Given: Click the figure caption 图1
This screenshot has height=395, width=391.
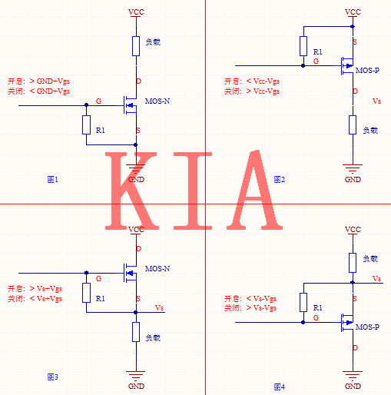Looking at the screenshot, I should [53, 179].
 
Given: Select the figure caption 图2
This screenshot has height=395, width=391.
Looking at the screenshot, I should [280, 179].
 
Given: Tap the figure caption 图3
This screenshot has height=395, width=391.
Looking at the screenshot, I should [53, 377].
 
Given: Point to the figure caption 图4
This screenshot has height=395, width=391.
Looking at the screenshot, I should [280, 386].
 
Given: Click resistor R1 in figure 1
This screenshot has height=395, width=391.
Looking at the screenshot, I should [87, 124].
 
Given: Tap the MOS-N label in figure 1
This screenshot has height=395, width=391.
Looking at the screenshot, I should [157, 101].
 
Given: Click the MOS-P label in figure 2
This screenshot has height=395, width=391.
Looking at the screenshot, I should [367, 70].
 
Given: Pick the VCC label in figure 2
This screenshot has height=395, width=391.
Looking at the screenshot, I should [353, 12].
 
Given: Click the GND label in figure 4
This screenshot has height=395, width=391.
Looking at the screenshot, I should [353, 386].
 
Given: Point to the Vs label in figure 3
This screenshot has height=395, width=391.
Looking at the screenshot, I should [159, 307].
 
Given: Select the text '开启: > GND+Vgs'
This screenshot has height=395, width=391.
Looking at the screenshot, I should [38, 81].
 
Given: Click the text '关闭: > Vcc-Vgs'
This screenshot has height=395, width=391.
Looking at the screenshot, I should [252, 91].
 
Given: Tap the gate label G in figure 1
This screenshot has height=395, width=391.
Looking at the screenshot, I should [98, 101].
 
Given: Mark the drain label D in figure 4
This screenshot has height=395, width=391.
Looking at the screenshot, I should [354, 348].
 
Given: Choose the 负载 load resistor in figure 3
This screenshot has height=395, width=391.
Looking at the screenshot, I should [136, 332].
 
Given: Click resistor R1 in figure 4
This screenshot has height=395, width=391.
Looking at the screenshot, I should [303, 302].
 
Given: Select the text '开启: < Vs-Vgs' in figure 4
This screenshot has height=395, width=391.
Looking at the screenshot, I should [251, 298].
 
